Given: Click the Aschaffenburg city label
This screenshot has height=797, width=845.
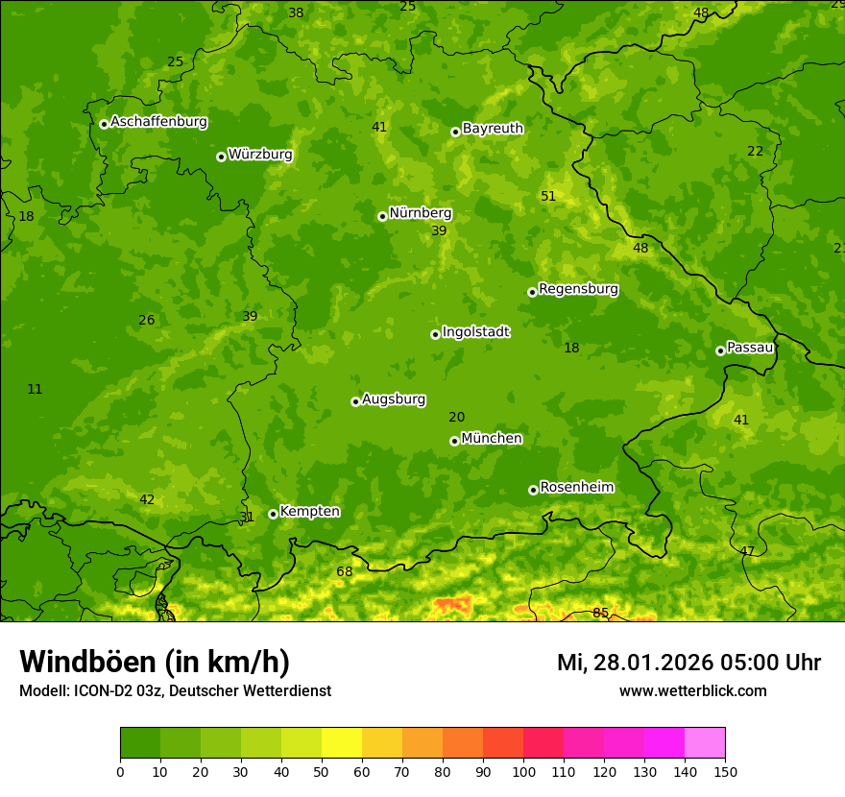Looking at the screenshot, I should click(158, 122).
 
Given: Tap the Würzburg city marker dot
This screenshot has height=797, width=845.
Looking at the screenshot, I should click(221, 157).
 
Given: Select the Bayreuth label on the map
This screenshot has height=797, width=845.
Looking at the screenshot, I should click(493, 129).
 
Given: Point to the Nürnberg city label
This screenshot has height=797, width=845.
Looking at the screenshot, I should click(420, 213).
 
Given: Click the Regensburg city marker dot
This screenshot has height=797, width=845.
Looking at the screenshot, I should click(532, 292).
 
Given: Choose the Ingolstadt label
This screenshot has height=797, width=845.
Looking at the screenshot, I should click(475, 332).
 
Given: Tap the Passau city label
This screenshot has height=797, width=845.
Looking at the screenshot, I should click(750, 348).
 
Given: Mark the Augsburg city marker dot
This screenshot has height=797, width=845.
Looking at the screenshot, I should click(355, 401).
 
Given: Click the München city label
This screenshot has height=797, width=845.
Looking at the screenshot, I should click(492, 439).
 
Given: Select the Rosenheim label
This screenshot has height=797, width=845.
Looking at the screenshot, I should click(576, 488).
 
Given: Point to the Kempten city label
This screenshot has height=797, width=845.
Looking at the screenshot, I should click(309, 512).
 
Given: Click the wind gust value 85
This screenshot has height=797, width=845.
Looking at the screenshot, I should click(600, 613).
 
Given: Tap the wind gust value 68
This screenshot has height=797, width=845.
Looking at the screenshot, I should click(344, 572).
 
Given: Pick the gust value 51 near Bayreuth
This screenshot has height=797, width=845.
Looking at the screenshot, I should click(548, 196).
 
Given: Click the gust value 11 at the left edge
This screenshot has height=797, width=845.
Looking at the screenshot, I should click(35, 389).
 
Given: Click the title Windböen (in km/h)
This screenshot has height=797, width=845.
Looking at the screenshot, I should click(155, 662).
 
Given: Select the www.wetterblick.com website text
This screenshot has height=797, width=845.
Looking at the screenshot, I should click(692, 690).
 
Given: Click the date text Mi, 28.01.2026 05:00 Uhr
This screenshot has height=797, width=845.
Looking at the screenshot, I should click(688, 663).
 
